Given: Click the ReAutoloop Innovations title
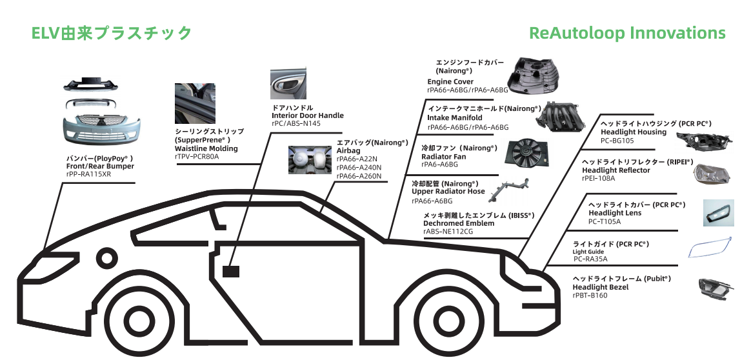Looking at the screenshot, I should tap(627, 33).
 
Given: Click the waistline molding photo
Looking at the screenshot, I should tap(195, 103).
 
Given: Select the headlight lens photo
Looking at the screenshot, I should tap(718, 212).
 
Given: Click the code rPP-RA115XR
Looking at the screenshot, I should tap(89, 175).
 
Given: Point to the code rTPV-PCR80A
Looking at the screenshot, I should tap(197, 157).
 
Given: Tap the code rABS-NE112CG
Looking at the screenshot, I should tap(448, 232).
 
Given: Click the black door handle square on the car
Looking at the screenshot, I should tap(230, 271).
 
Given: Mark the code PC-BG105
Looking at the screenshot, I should tap(617, 141).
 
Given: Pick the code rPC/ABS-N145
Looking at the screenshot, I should tap(296, 124).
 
